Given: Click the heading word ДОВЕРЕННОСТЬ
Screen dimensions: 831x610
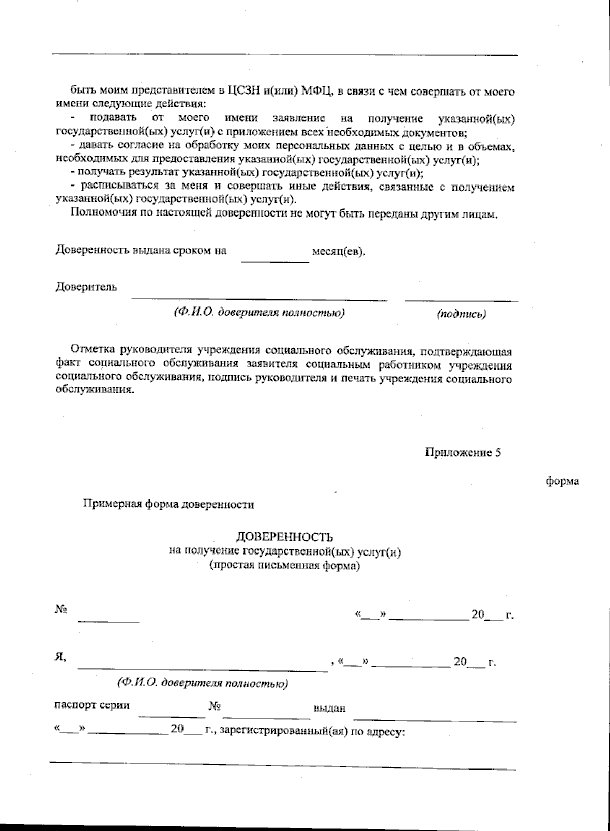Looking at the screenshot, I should (285, 537).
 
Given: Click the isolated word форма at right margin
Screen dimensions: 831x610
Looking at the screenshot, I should (562, 481).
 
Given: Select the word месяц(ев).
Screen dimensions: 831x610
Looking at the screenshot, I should (338, 252).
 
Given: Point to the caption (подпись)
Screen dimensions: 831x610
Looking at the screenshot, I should (461, 314).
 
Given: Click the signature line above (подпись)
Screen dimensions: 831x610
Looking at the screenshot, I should (461, 301).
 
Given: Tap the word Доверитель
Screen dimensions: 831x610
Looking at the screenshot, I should (86, 287).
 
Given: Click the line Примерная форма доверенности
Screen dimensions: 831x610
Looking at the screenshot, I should (168, 505).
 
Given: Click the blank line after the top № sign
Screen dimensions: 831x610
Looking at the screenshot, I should (108, 621).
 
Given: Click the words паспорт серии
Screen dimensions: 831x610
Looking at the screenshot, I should (91, 705).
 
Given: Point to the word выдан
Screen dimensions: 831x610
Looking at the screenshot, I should (330, 709).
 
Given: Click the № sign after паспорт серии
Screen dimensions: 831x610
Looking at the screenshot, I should (213, 706).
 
